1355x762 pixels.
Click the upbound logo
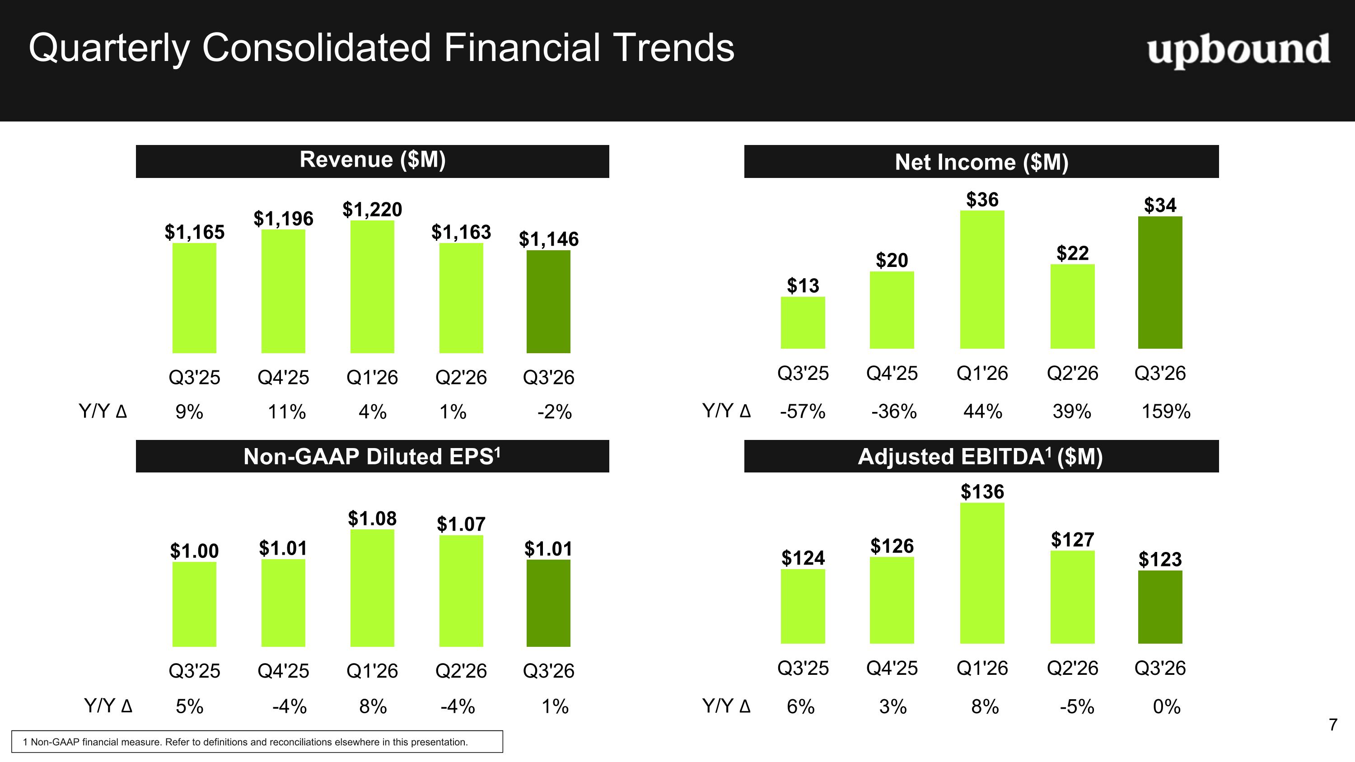point(1238,50)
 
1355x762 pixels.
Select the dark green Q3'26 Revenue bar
point(548,301)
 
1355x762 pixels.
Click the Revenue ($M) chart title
point(373,160)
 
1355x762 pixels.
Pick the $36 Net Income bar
point(982,279)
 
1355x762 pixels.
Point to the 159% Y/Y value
point(1166,411)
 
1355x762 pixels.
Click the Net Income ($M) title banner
point(981,161)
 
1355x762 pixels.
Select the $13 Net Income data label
point(803,285)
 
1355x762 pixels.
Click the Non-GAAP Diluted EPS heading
point(372,456)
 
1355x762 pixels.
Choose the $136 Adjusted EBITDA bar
point(982,573)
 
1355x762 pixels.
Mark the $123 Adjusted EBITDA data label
point(1160,559)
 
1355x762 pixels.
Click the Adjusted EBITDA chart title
point(981,457)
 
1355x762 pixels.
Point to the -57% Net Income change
point(803,411)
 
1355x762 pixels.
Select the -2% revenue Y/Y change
point(554,412)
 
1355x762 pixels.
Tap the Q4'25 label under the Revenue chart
point(283,378)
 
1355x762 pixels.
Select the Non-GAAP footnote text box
point(257,742)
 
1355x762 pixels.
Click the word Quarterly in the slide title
point(109,49)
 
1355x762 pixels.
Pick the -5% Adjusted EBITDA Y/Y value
point(1077,707)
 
